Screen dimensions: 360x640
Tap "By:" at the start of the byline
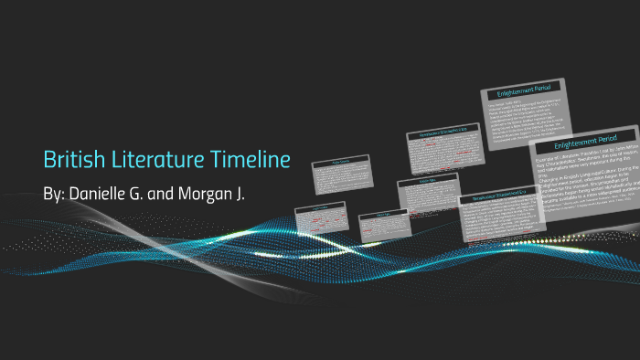coord(56,196)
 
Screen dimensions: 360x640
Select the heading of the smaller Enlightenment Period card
coord(524,92)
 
